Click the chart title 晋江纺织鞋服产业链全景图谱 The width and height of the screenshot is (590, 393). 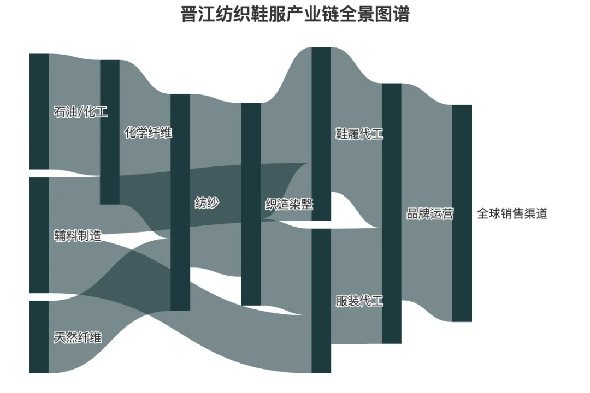point(295,15)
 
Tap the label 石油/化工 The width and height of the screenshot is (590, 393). point(80,112)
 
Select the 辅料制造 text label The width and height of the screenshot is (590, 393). point(78,236)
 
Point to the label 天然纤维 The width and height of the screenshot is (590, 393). point(78,337)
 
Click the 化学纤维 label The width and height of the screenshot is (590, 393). point(148,132)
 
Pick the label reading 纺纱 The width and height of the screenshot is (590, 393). point(207,203)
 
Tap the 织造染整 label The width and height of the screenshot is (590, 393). point(289,205)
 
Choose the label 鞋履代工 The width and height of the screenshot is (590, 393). point(359,134)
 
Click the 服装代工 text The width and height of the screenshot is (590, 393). point(359,301)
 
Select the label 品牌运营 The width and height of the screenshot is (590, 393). point(430,213)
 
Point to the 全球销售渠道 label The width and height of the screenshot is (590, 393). point(512,213)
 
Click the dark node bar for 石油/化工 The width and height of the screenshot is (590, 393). point(39,112)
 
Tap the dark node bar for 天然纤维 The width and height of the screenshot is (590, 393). point(39,337)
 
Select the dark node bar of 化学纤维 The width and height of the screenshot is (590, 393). point(110,132)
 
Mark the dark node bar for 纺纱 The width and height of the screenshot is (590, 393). point(180,202)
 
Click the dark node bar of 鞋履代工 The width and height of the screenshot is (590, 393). point(321,134)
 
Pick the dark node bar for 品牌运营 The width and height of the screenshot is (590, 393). point(392,213)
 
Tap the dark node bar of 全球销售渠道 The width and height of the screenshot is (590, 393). point(462,213)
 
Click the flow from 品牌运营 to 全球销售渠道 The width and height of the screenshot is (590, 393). point(427,164)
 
